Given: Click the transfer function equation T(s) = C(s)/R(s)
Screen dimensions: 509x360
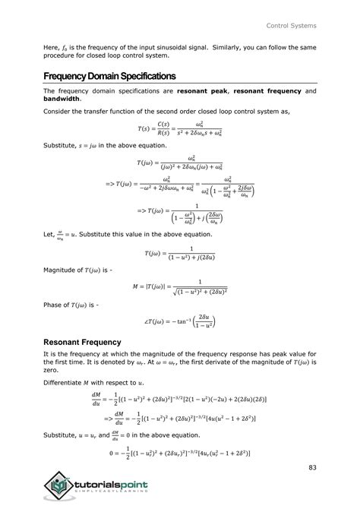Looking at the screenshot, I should pyautogui.click(x=180, y=129).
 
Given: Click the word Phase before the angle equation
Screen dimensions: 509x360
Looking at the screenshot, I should pyautogui.click(x=54, y=305).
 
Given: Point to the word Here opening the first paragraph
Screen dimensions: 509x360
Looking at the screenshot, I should pyautogui.click(x=51, y=48).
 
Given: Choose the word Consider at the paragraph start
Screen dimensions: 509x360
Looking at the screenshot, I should pyautogui.click(x=59, y=111).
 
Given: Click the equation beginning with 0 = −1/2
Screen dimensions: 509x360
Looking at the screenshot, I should pyautogui.click(x=179, y=455).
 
